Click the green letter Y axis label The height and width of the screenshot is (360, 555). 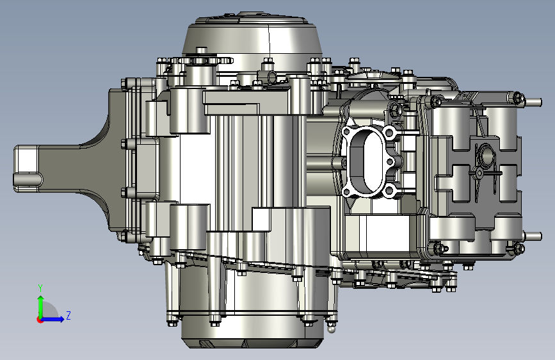click(40, 288)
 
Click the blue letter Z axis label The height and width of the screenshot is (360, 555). click(68, 315)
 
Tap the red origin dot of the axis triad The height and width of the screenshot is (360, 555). click(40, 320)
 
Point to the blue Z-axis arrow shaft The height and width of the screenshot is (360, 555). click(52, 319)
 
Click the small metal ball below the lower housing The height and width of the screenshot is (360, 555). click(330, 329)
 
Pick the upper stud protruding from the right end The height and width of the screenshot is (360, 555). click(533, 102)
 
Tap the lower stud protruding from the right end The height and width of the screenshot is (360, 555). click(533, 236)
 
